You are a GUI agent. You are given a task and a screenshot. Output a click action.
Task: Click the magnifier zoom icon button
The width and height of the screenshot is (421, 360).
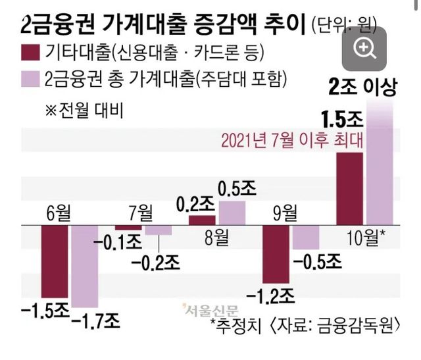tap(364, 47)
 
